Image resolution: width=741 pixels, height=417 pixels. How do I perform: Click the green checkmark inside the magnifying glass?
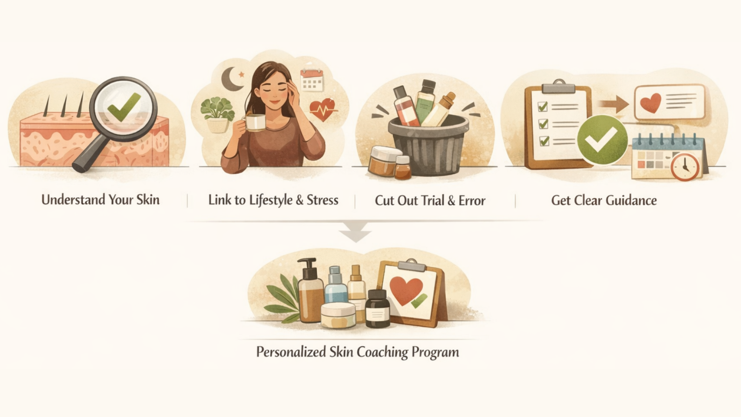coord(124,107)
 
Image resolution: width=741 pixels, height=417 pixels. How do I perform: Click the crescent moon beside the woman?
coord(232,79)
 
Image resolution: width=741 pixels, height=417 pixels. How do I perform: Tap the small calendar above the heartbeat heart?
coord(312,80)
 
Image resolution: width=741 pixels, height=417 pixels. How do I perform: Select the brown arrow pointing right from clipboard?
coord(614,104)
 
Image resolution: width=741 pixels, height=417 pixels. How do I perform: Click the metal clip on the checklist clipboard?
coord(559,87)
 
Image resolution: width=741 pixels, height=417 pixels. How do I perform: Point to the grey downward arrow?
coord(355,232)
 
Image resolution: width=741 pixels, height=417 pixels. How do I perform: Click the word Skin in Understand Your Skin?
coord(148,200)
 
